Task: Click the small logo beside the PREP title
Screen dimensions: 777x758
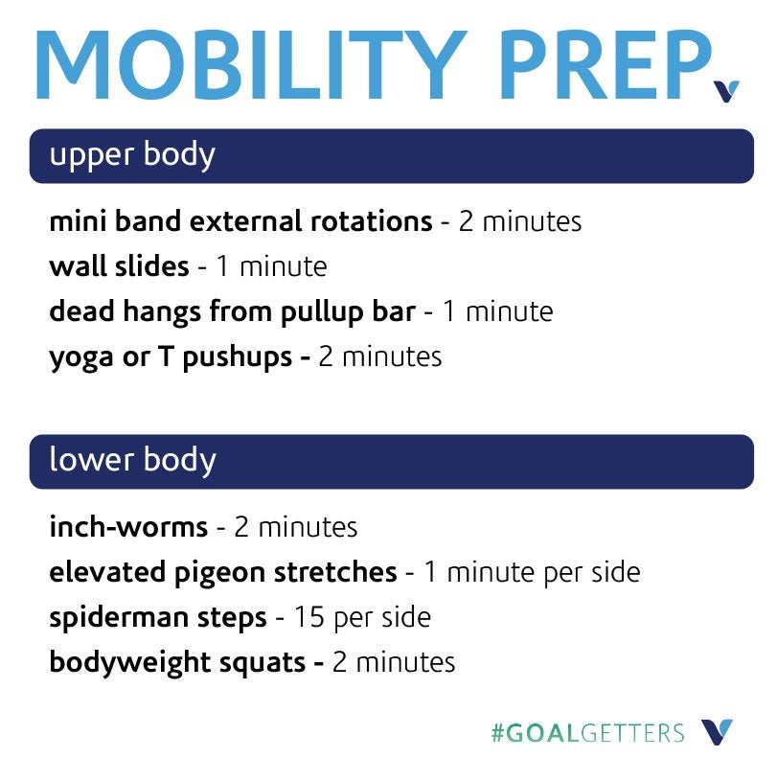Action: [726, 91]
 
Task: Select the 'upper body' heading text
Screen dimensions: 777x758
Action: [132, 155]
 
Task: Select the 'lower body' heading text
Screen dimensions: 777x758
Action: [133, 460]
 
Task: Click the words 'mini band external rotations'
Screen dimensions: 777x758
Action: [240, 221]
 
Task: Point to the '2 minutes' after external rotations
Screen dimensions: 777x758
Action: [520, 221]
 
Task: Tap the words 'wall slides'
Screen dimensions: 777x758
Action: [119, 266]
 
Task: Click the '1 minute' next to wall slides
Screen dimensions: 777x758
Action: [271, 266]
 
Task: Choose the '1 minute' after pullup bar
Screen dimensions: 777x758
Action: [498, 311]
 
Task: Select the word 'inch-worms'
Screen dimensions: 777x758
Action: [128, 526]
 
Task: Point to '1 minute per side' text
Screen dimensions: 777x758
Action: [532, 573]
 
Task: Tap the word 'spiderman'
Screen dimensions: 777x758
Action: [119, 618]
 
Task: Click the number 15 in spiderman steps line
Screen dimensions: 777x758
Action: [309, 618]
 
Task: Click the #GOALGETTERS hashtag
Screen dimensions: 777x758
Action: [587, 733]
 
